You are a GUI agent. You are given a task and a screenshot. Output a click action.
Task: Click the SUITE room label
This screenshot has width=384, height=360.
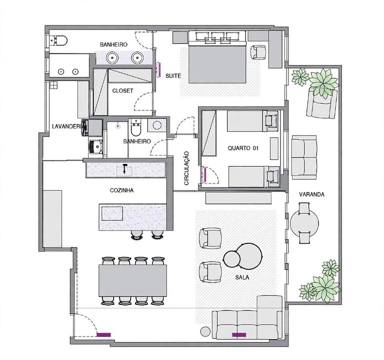pyautogui.click(x=173, y=76)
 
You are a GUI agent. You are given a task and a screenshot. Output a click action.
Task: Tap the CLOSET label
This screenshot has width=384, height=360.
pyautogui.click(x=122, y=91)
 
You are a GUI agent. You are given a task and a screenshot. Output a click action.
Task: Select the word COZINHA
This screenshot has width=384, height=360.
pyautogui.click(x=121, y=190)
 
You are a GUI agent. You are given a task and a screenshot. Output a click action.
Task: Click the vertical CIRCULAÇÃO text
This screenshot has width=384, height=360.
pyautogui.click(x=186, y=168)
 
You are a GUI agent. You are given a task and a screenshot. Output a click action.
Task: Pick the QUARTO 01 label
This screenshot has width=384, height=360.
pyautogui.click(x=243, y=148)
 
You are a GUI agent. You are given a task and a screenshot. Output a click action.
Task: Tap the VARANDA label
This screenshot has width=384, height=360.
pyautogui.click(x=312, y=194)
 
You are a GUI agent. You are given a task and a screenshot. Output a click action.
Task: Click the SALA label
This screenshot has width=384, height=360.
pyautogui.click(x=242, y=277)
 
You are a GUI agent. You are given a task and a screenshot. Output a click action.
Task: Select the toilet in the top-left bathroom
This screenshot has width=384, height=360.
pyautogui.click(x=58, y=40)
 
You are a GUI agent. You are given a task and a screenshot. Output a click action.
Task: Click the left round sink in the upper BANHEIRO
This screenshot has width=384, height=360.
pyautogui.click(x=112, y=58)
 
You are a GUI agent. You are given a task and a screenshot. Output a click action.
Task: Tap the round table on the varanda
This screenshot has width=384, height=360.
pyautogui.click(x=304, y=223)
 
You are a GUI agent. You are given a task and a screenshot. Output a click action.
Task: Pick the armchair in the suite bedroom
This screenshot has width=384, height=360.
pyautogui.click(x=258, y=52)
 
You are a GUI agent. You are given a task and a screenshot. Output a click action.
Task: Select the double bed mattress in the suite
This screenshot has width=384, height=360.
pyautogui.click(x=217, y=64)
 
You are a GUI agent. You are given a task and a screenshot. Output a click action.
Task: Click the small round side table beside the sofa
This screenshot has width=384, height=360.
pyautogui.click(x=205, y=332)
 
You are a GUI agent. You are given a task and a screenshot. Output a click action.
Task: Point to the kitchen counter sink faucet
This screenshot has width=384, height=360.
pyautogui.click(x=125, y=168)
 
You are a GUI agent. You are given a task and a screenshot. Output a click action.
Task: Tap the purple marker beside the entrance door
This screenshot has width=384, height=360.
pyautogui.click(x=104, y=335)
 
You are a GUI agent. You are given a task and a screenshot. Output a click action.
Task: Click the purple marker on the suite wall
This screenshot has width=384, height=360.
pyautogui.click(x=158, y=69)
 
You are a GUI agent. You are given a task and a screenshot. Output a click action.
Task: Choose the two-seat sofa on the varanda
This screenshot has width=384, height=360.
pyautogui.click(x=304, y=157)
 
